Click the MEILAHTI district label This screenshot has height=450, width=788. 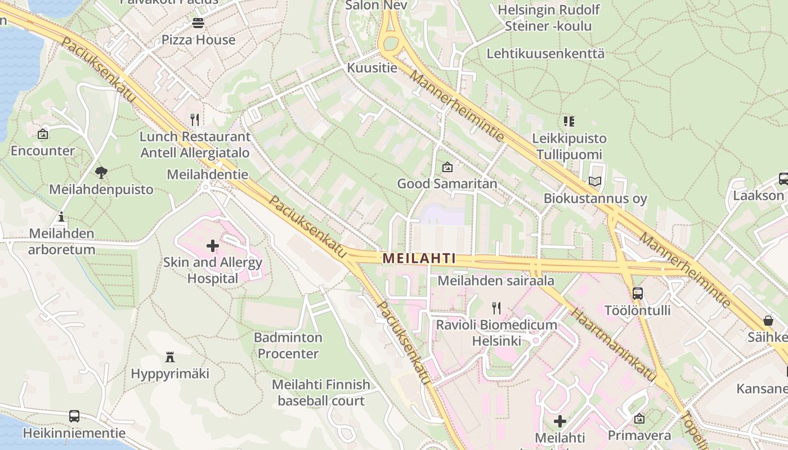419,258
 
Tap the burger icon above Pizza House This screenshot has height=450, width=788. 198,24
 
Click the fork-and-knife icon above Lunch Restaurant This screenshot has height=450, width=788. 195,120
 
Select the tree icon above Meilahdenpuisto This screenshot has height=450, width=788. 101,173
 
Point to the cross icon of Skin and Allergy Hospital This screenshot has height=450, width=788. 213,246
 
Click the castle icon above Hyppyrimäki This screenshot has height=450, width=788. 170,357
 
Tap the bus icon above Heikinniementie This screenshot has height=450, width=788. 74,416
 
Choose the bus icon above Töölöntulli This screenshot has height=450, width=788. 638,294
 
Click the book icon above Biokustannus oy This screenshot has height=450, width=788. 595,182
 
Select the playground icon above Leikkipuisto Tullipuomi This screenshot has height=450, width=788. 569,121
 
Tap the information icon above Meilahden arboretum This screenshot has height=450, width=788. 61,217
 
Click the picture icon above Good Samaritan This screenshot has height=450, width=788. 447,167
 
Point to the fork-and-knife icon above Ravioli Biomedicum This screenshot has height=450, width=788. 496,308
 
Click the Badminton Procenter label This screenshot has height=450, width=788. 288,345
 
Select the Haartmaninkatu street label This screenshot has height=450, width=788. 613,344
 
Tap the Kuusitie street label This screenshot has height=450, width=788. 372,68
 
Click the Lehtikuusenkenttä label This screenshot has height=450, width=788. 545,54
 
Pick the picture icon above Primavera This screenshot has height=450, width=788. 639,419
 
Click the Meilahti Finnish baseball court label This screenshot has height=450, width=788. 321,393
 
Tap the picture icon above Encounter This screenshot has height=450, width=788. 43,134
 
